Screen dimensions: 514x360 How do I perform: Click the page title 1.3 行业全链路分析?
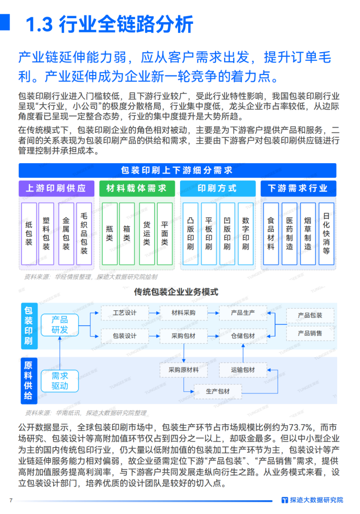tap(109, 24)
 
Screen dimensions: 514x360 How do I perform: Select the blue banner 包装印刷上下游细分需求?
tap(177, 170)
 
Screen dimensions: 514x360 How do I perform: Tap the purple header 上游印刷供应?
tap(56, 189)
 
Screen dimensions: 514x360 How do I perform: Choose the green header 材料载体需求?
tap(136, 189)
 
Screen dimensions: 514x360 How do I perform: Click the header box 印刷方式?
tap(217, 189)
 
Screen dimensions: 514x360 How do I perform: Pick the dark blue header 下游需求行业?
tap(298, 189)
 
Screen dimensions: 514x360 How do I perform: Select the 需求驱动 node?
tap(60, 380)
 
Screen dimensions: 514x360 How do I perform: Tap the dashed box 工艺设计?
tap(125, 313)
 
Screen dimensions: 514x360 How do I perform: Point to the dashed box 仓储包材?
tap(243, 336)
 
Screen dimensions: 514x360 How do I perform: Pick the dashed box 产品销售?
tap(310, 334)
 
